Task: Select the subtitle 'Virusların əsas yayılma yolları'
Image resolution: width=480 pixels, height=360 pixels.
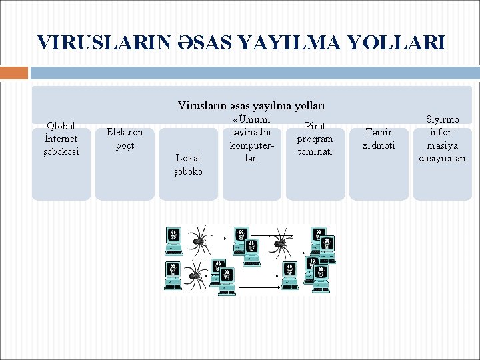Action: click(x=251, y=105)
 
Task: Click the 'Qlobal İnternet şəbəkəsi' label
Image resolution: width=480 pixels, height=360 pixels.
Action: click(x=61, y=139)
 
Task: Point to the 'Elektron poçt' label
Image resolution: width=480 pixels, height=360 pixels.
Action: click(x=125, y=139)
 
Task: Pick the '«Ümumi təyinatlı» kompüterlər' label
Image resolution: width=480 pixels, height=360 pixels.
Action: click(x=251, y=139)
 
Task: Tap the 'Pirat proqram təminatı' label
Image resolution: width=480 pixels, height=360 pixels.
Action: click(x=315, y=139)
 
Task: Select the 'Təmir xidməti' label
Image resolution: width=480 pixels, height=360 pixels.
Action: click(x=378, y=139)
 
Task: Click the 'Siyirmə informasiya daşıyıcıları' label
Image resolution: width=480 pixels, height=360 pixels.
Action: click(x=442, y=139)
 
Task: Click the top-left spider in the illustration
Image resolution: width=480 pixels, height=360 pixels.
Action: click(x=198, y=236)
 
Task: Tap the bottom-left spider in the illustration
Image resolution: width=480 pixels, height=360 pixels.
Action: click(x=195, y=274)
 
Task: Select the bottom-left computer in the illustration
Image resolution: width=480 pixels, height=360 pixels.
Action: click(x=173, y=275)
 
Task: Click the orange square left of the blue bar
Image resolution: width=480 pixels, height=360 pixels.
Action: click(x=14, y=73)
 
